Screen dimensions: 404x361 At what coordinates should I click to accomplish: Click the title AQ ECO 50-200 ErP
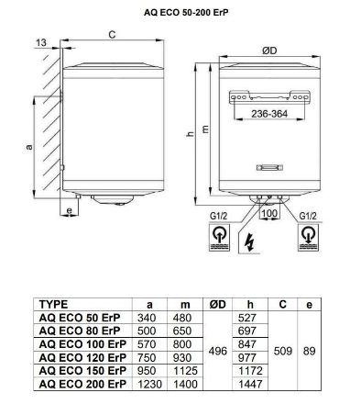(x=180, y=12)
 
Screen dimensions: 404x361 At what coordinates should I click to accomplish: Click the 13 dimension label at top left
(x=41, y=42)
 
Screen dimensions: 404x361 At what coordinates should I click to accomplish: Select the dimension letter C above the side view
(x=110, y=35)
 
